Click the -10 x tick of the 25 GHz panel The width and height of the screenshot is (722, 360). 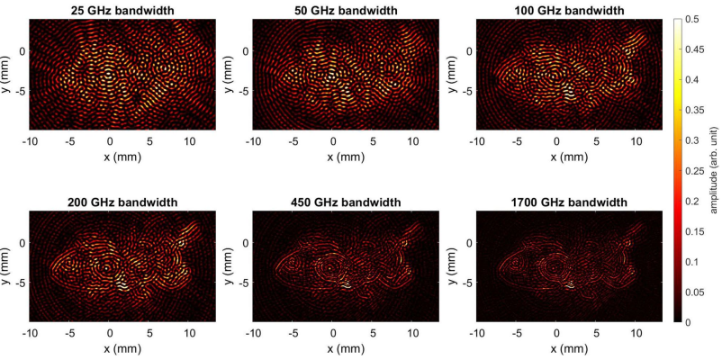point(31,142)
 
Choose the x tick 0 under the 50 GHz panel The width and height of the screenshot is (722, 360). point(333,142)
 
